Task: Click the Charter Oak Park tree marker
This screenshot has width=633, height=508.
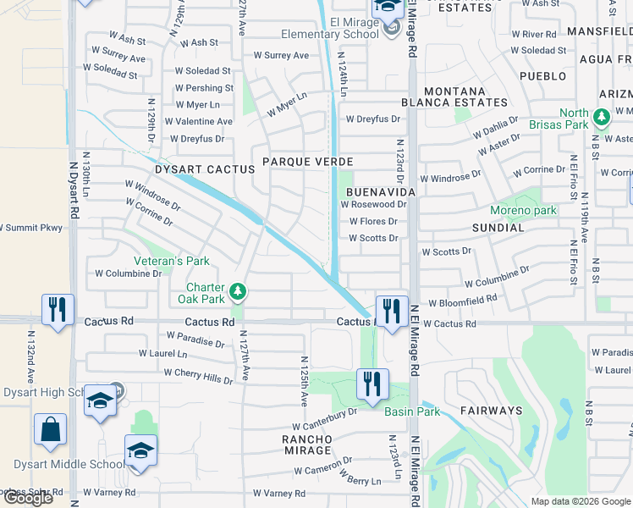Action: (x=239, y=292)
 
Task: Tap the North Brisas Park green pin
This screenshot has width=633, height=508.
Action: (x=602, y=118)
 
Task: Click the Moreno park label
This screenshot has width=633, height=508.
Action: (x=523, y=210)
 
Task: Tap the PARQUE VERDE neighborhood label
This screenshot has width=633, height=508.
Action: (x=307, y=161)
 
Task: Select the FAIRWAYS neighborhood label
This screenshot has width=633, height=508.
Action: (x=491, y=411)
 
